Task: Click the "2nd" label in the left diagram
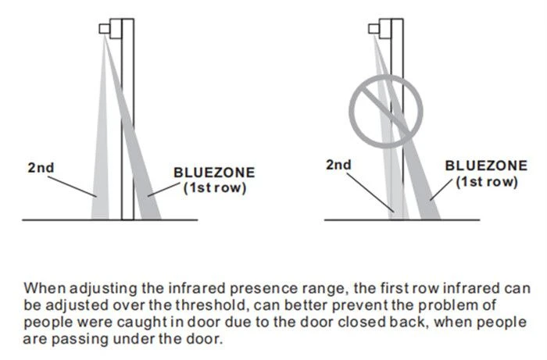pyautogui.click(x=41, y=168)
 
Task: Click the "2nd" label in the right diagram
pyautogui.click(x=338, y=165)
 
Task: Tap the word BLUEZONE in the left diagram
pyautogui.click(x=214, y=173)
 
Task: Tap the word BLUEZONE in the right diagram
pyautogui.click(x=486, y=166)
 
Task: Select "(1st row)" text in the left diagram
pyautogui.click(x=215, y=188)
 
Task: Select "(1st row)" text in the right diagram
pyautogui.click(x=487, y=182)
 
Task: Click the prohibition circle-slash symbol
pyautogui.click(x=386, y=111)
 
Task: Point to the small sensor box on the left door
pyautogui.click(x=104, y=29)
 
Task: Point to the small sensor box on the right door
pyautogui.click(x=374, y=29)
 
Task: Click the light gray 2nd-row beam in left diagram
pyautogui.click(x=101, y=157)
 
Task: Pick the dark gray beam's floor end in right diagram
pyautogui.click(x=431, y=217)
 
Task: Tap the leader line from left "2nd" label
pyautogui.click(x=72, y=187)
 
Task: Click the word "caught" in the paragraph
pyautogui.click(x=140, y=323)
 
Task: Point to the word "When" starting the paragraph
pyautogui.click(x=45, y=289)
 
